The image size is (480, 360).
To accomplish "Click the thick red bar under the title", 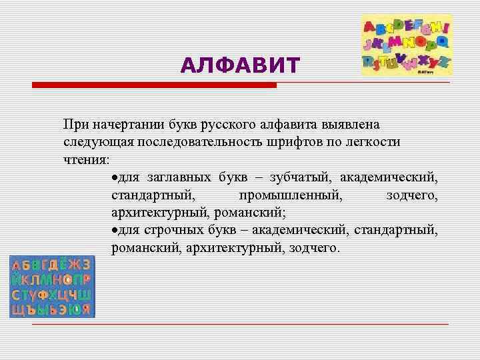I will click(x=154, y=85).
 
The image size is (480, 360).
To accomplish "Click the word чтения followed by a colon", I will click(x=87, y=160).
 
